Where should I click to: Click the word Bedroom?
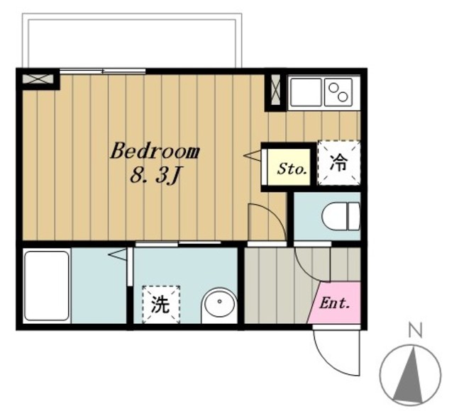155,151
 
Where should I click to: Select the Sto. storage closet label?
292,169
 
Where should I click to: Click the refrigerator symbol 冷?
339,162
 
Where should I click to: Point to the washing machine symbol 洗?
161,304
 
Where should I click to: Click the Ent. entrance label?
334,303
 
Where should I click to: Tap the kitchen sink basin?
306,92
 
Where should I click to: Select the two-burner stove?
338,92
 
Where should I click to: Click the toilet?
341,216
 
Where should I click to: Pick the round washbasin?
219,305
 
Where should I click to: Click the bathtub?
47,286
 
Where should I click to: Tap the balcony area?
132,40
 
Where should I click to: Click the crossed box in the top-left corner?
38,79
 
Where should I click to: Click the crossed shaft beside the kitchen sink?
275,90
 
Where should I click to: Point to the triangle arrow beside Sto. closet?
253,155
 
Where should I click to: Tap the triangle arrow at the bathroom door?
117,254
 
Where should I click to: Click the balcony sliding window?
103,71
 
